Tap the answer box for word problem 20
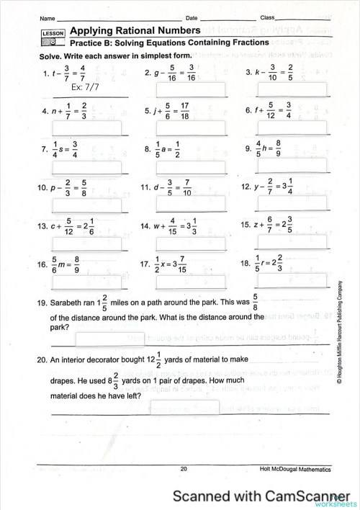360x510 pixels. (x=184, y=408)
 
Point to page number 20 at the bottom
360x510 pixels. (x=184, y=469)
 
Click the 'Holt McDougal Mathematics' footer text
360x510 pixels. (x=296, y=469)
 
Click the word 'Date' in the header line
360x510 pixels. (x=192, y=17)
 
